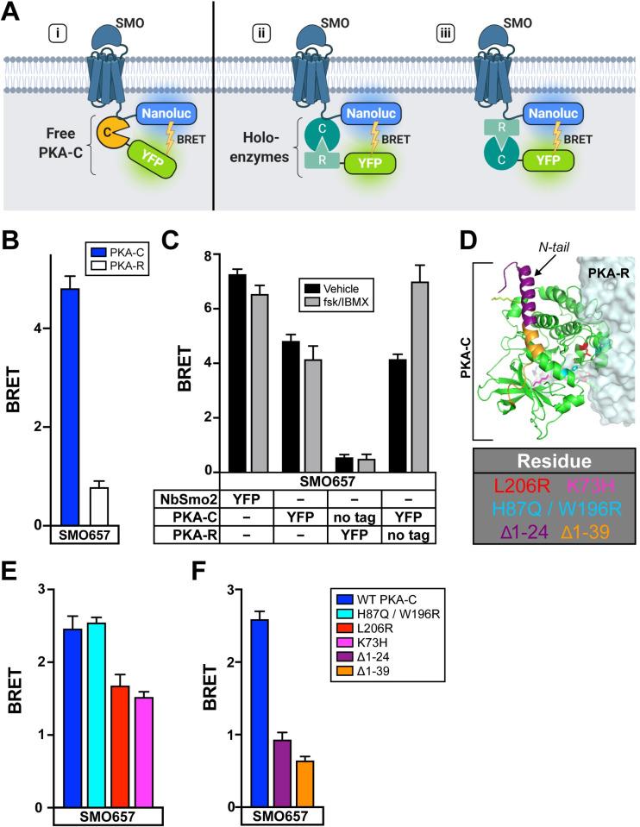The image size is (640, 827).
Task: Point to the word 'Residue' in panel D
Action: [x=554, y=460]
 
